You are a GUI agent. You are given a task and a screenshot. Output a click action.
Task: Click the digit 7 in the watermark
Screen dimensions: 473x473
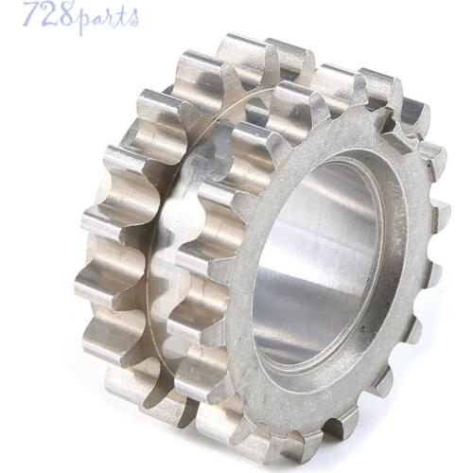[x=30, y=15]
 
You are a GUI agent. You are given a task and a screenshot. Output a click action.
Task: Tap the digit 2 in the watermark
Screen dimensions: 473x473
[x=46, y=15]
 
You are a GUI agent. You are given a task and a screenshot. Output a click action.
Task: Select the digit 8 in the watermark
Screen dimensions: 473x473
[x=63, y=15]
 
